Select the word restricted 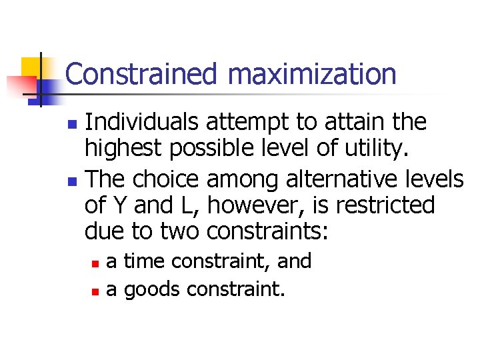click(x=385, y=205)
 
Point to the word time click(x=147, y=261)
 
